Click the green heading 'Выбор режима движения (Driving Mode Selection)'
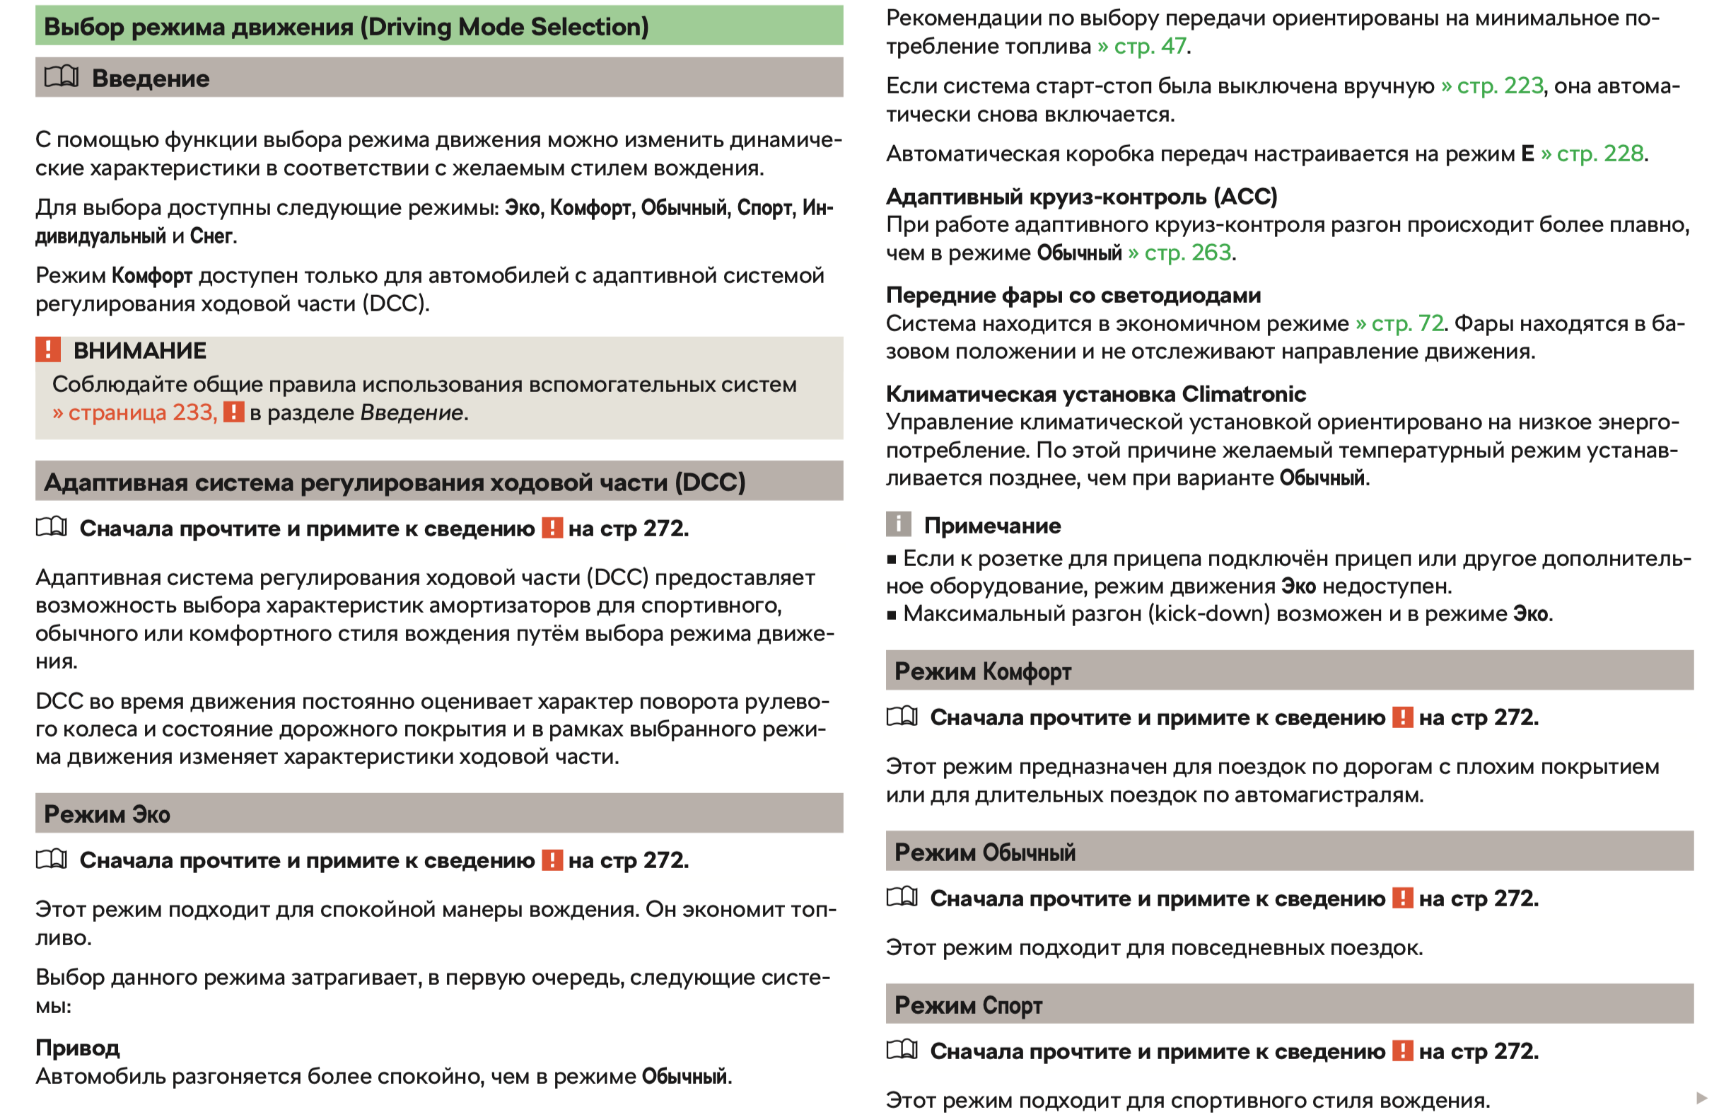(346, 27)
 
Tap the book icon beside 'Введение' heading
(62, 76)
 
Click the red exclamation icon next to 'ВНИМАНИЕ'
(48, 349)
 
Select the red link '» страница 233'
(134, 412)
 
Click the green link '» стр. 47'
(1141, 46)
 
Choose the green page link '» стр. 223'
(1491, 86)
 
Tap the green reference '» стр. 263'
(1179, 253)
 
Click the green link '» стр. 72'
(1399, 323)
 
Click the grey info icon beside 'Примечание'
(897, 524)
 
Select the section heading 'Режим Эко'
(107, 814)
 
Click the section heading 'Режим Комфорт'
(982, 671)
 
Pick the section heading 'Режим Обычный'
(984, 853)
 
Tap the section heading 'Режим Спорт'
(967, 1005)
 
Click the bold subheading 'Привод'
(78, 1048)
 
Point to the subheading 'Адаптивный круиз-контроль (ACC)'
(1081, 197)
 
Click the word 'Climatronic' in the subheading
(1243, 394)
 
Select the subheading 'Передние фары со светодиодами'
(1073, 296)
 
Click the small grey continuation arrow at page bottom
(1701, 1098)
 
